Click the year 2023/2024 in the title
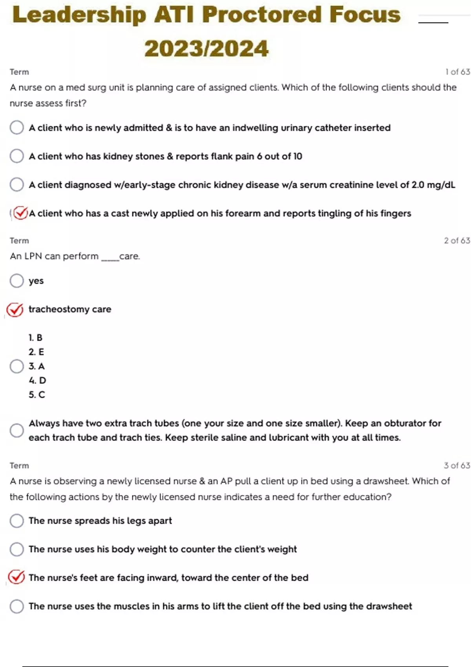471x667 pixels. click(x=206, y=49)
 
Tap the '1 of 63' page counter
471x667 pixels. click(x=457, y=72)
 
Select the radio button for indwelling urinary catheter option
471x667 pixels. click(x=17, y=128)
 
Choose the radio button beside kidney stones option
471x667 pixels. click(x=17, y=156)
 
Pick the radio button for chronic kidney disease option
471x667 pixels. click(x=17, y=184)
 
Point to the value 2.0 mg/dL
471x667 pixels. click(x=433, y=185)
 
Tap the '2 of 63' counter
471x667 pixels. click(x=457, y=241)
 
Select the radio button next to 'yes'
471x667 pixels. click(x=17, y=281)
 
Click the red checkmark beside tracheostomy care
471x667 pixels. click(x=15, y=310)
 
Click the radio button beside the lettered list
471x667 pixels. click(x=17, y=366)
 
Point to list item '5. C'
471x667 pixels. click(x=37, y=395)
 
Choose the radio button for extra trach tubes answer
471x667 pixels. click(x=17, y=430)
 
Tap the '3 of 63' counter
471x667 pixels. click(x=457, y=465)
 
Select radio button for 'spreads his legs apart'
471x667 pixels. click(x=17, y=521)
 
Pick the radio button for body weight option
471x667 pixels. click(x=17, y=549)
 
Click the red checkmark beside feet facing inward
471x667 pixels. click(x=16, y=577)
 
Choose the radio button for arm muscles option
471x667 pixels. click(x=17, y=606)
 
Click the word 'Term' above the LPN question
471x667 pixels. click(x=19, y=241)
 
